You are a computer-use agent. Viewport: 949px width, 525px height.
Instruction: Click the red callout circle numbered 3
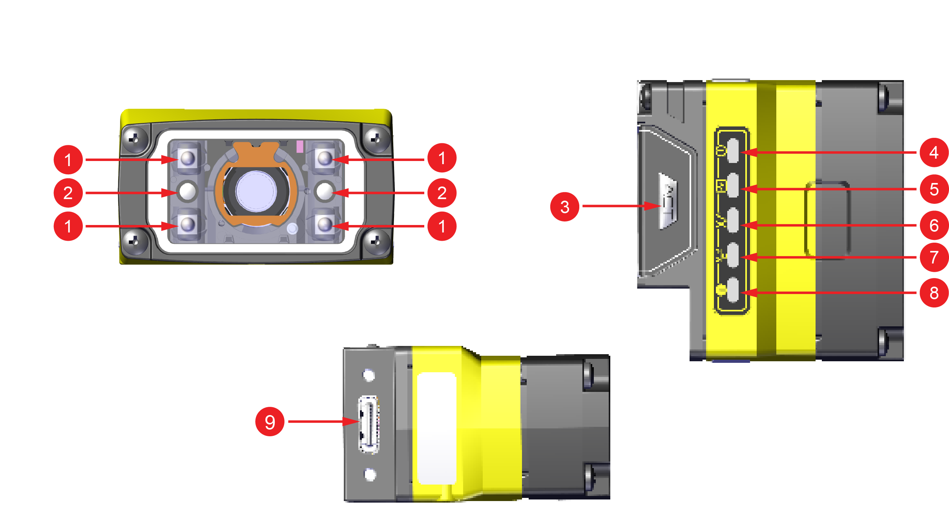(564, 207)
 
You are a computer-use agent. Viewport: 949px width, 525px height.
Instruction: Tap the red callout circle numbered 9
(270, 422)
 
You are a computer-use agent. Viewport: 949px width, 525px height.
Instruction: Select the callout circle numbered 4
(934, 152)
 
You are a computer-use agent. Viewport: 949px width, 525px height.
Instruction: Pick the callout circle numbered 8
(934, 293)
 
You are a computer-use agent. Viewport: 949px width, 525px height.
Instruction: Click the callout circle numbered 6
(934, 225)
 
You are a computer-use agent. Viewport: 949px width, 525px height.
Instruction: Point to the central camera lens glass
(256, 191)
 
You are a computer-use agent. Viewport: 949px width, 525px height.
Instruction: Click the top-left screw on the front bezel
(134, 139)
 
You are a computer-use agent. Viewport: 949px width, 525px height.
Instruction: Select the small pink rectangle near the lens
(300, 146)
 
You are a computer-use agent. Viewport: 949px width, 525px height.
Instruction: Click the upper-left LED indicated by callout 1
(188, 159)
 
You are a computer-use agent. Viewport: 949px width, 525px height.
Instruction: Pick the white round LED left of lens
(188, 191)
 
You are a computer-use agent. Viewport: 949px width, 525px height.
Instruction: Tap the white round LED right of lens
(325, 191)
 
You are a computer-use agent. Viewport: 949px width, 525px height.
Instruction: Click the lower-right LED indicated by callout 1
(325, 225)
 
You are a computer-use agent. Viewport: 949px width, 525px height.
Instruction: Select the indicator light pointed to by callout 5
(733, 185)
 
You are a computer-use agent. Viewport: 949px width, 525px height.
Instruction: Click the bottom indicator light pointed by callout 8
(733, 290)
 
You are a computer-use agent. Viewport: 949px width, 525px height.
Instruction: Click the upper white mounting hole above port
(369, 375)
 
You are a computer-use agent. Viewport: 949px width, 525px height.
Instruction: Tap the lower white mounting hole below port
(370, 474)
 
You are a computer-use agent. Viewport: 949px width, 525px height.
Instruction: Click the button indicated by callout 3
(668, 201)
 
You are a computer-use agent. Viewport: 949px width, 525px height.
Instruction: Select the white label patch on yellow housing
(436, 428)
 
